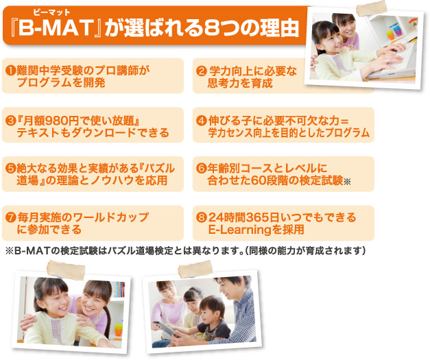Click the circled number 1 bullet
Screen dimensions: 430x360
[11, 71]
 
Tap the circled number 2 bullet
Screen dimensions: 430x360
[202, 71]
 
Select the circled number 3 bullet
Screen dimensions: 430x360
[11, 121]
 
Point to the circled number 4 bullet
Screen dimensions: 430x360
[202, 121]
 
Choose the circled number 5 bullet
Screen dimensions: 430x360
[11, 169]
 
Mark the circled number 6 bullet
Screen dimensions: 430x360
[202, 169]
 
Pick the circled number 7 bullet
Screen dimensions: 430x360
[11, 217]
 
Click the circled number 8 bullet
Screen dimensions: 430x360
[202, 217]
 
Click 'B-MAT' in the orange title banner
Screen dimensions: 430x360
[55, 27]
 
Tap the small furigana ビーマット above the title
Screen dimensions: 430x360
[51, 12]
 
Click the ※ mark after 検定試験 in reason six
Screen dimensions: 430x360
[347, 182]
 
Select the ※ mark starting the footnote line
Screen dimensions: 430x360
[9, 251]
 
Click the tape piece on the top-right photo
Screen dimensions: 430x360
[371, 9]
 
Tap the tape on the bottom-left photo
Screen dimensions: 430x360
[66, 270]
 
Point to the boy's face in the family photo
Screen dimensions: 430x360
[210, 313]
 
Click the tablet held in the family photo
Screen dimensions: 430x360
[166, 328]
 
